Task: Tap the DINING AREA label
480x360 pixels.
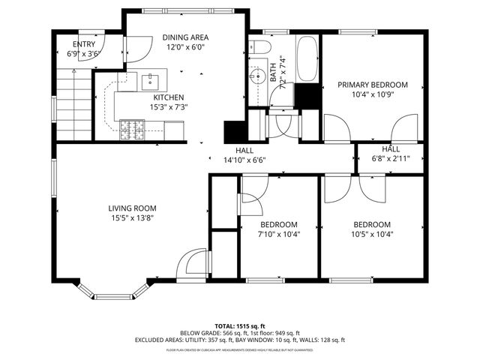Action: click(x=185, y=37)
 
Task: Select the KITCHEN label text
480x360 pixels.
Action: click(x=169, y=97)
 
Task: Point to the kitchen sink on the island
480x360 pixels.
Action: click(x=148, y=79)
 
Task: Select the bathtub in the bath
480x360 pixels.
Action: click(x=306, y=60)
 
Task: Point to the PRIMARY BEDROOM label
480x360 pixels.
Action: click(x=372, y=85)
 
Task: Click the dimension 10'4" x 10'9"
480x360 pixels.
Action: click(x=372, y=96)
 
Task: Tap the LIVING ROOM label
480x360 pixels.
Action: click(x=131, y=208)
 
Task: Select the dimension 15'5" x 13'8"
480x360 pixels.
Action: click(x=131, y=218)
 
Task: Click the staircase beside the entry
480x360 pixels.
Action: click(x=73, y=105)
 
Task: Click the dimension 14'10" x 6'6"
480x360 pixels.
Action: click(x=244, y=160)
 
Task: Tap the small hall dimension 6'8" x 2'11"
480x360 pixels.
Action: click(x=390, y=159)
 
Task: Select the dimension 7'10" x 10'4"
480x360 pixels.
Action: click(x=278, y=234)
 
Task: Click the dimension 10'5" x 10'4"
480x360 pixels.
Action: click(x=372, y=234)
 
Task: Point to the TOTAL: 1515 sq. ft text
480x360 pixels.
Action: click(x=239, y=326)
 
